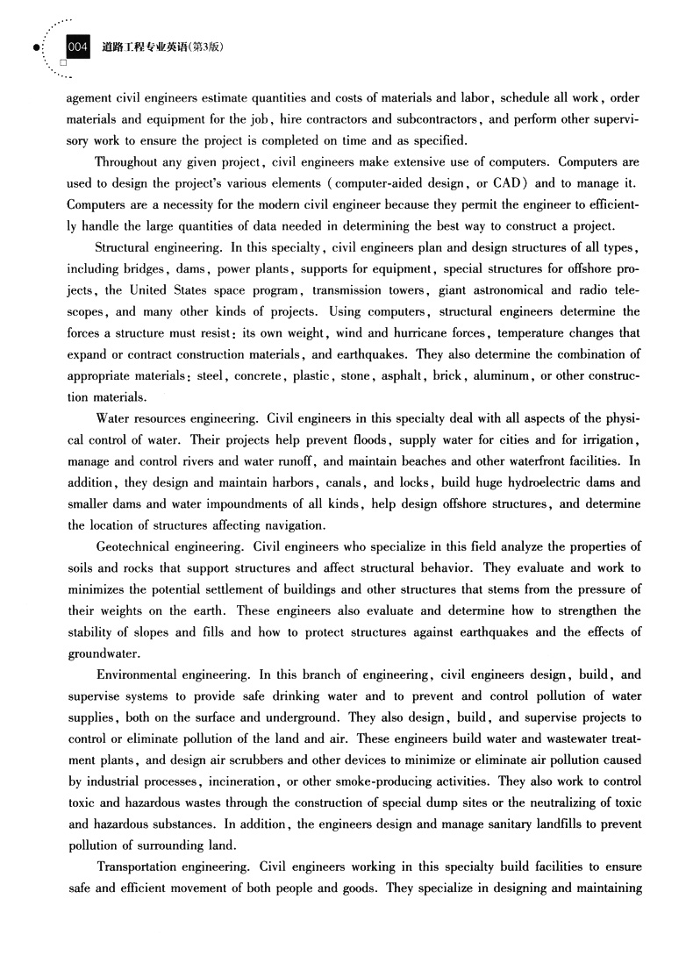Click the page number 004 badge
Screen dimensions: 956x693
(x=78, y=47)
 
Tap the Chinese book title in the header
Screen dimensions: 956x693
(x=157, y=47)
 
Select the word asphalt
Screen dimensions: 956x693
(x=403, y=375)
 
